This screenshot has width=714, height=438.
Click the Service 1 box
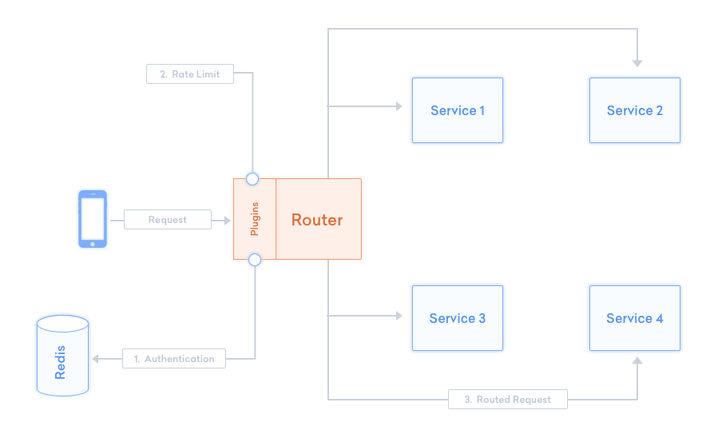pos(458,110)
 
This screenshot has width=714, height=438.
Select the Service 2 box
pos(635,110)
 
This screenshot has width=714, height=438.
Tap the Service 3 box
pos(458,318)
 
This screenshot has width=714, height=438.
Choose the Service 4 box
pos(635,318)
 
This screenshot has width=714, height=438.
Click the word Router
pos(317,220)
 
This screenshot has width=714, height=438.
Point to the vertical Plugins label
pos(255,219)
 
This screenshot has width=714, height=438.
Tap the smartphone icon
pos(93,219)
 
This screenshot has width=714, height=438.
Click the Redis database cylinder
pos(62,356)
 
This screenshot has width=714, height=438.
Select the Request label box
pos(167,220)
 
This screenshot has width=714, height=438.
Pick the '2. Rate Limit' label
pos(189,74)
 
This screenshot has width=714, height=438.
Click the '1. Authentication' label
pos(174,359)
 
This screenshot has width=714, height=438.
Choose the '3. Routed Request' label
pos(508,399)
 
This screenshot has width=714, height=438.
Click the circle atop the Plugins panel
pos(252,178)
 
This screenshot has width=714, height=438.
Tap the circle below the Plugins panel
pos(255,260)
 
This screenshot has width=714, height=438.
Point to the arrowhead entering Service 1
pos(398,106)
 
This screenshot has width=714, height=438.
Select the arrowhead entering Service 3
pos(398,317)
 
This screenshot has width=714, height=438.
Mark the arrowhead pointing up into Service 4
pos(637,362)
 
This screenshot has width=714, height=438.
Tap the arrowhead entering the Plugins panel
pos(225,220)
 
